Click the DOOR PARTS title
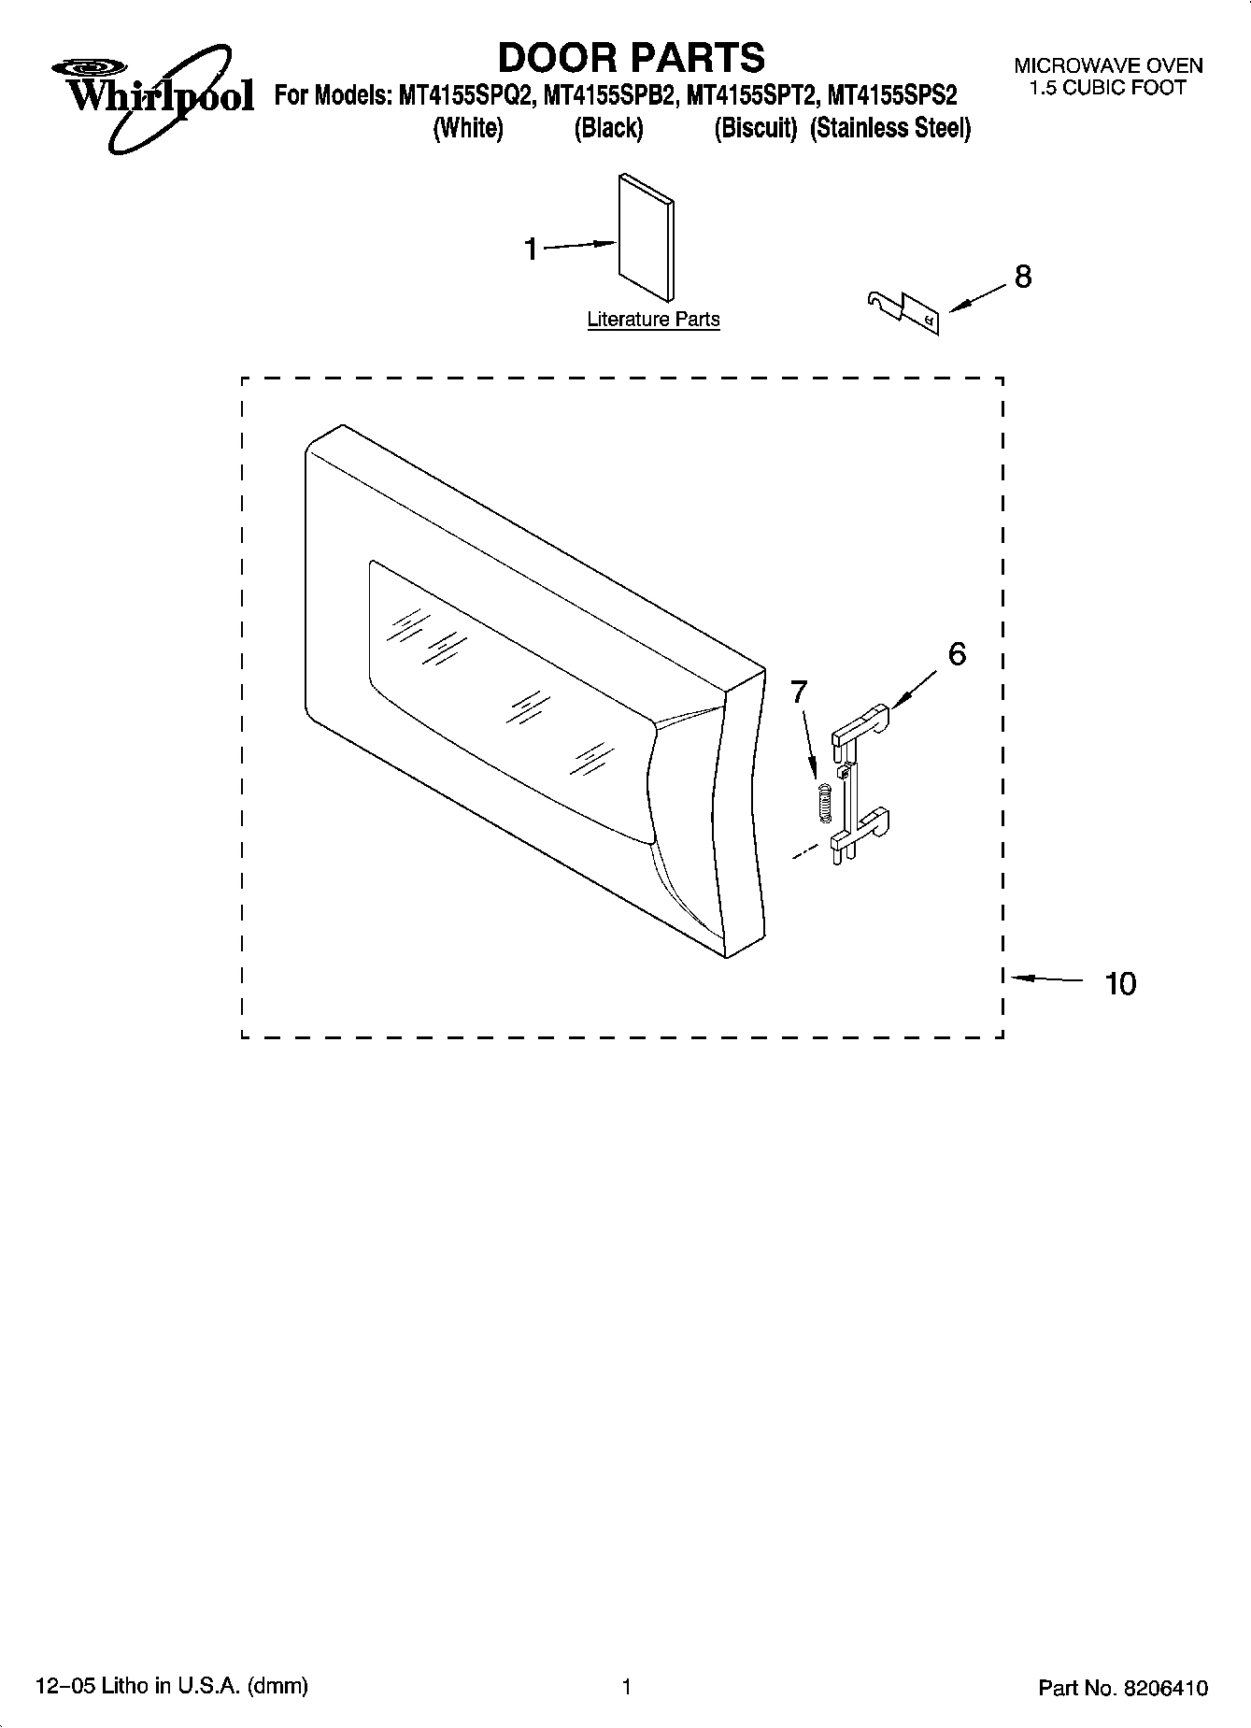pyautogui.click(x=631, y=58)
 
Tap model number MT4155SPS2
pyautogui.click(x=893, y=95)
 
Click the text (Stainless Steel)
pyautogui.click(x=890, y=128)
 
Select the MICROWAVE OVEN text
pyautogui.click(x=1108, y=66)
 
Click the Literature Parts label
pyautogui.click(x=653, y=320)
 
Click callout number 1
pyautogui.click(x=531, y=250)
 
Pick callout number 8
pyautogui.click(x=1023, y=277)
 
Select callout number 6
pyautogui.click(x=957, y=654)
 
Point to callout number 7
pyautogui.click(x=798, y=692)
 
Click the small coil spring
pyautogui.click(x=823, y=802)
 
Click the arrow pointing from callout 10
pyautogui.click(x=1046, y=979)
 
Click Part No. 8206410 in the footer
pyautogui.click(x=1123, y=1688)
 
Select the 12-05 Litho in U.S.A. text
pyautogui.click(x=172, y=1686)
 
